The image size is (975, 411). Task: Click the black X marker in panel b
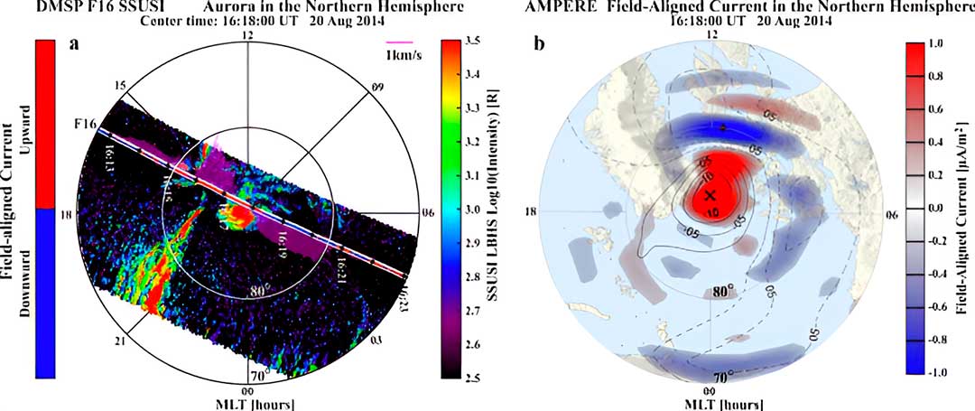710,194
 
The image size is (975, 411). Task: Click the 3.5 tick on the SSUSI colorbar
469,42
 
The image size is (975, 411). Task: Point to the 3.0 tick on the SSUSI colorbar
469,209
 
